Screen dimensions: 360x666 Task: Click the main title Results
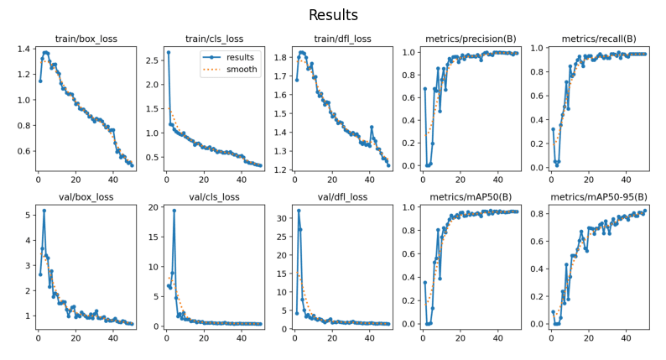(x=333, y=15)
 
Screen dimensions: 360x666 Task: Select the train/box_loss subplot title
(x=86, y=39)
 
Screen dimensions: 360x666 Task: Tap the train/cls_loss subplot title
(x=215, y=39)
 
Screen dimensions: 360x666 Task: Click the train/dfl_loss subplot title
(x=342, y=39)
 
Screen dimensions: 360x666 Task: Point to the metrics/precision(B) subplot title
(x=471, y=39)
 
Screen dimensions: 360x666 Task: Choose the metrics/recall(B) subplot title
(x=599, y=39)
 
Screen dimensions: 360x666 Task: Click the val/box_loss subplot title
(x=86, y=197)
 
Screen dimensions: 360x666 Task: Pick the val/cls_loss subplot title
(x=215, y=197)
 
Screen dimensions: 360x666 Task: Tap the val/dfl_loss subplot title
(x=342, y=197)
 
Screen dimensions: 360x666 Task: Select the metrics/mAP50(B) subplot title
(x=471, y=197)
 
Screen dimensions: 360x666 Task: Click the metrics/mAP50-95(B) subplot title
(x=599, y=197)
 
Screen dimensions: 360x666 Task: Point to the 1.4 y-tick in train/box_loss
(x=22, y=49)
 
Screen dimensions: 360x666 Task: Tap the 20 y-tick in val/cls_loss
(x=153, y=206)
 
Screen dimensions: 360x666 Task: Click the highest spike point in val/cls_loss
(x=174, y=211)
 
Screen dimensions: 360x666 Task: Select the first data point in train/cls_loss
(x=168, y=52)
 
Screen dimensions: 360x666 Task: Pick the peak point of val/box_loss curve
(x=44, y=211)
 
